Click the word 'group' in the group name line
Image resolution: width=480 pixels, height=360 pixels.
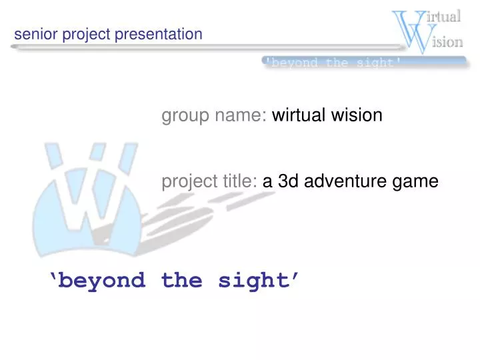tap(186, 116)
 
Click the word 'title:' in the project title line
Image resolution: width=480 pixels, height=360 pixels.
tap(238, 181)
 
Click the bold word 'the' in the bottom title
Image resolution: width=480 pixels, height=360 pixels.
tap(181, 280)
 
